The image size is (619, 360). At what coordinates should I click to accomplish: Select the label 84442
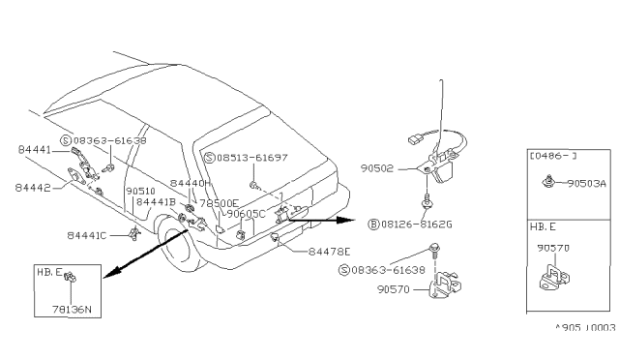click(34, 186)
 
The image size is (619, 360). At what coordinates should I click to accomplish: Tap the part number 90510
click(141, 191)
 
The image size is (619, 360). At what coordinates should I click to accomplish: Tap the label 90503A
click(588, 182)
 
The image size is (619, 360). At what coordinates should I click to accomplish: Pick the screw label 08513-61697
click(251, 157)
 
